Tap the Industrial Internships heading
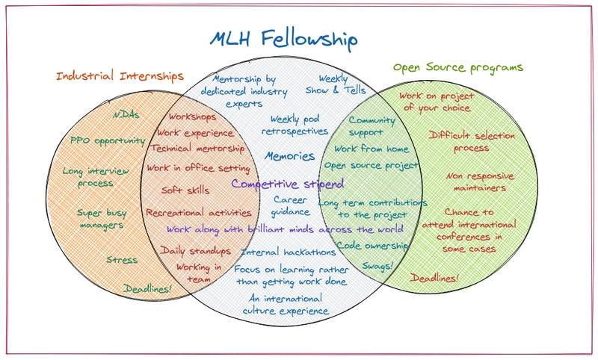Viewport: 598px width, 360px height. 120,76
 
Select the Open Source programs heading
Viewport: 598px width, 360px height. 457,67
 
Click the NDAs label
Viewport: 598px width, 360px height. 126,116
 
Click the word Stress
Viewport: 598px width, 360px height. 121,260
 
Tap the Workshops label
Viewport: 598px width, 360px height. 192,117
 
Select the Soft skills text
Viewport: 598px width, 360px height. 185,190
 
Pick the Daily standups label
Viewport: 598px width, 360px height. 196,250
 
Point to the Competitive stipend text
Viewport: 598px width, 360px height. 287,184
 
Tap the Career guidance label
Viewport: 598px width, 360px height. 291,205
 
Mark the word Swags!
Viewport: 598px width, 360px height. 377,266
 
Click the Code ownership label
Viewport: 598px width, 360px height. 372,245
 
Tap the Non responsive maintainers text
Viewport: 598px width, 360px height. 481,181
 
